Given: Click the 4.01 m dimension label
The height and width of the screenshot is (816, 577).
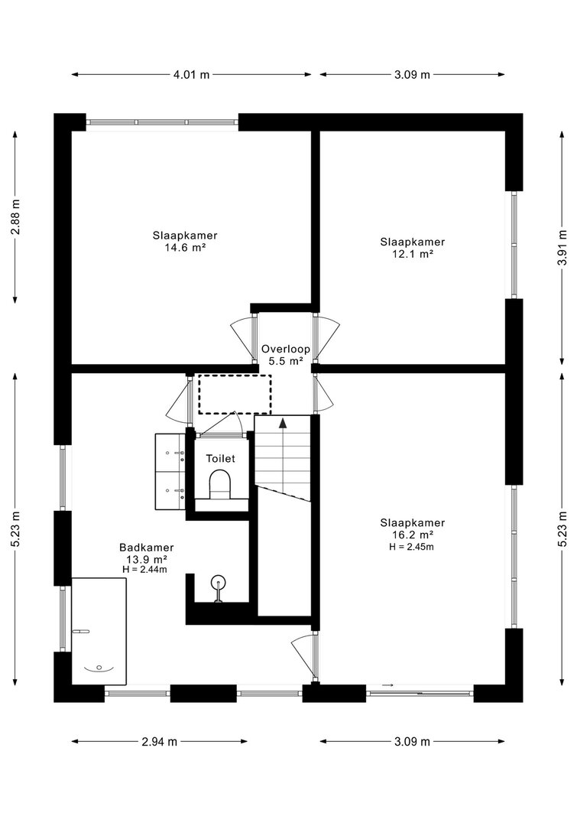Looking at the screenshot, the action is click(191, 74).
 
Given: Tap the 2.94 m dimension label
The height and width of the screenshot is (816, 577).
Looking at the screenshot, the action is click(160, 742).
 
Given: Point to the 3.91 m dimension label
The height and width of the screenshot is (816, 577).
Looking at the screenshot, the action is click(562, 248).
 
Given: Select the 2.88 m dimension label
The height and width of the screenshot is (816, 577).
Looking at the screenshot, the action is click(15, 216).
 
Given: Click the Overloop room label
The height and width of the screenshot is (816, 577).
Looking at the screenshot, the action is click(286, 349).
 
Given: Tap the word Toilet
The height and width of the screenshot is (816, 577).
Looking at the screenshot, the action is click(220, 459).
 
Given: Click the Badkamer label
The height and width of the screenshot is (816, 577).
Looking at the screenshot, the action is click(147, 548).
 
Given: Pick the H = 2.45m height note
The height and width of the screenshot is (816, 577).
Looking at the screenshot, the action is click(412, 547).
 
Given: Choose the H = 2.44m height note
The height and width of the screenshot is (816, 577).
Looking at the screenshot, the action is click(145, 569).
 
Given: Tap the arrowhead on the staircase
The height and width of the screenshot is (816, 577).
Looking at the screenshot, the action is click(283, 422).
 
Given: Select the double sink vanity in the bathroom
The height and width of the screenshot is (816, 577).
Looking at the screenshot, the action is click(170, 472).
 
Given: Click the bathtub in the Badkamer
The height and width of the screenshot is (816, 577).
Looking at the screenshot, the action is click(99, 631).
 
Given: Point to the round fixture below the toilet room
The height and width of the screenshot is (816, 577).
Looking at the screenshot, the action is click(218, 583).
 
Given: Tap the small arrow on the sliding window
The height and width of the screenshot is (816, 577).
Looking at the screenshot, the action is click(388, 685).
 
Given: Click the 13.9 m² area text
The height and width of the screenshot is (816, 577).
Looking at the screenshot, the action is click(147, 560).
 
